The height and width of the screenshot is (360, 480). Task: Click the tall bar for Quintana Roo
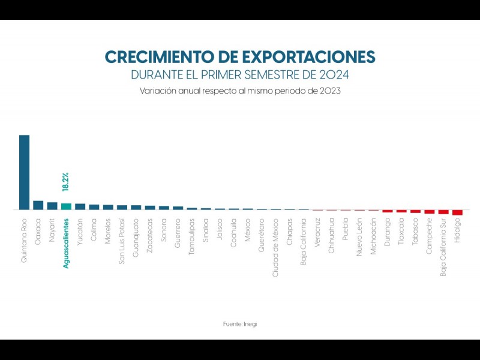click(x=24, y=172)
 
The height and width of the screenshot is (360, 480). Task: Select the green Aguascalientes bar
click(x=66, y=206)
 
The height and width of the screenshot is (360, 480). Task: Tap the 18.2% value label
click(x=66, y=182)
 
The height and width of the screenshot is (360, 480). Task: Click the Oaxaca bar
click(x=38, y=205)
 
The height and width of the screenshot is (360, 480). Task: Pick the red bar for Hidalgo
click(x=457, y=212)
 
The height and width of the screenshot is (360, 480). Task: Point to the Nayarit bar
click(x=52, y=206)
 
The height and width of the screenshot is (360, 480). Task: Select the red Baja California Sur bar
click(x=443, y=212)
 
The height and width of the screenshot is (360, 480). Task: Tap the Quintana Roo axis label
click(x=25, y=238)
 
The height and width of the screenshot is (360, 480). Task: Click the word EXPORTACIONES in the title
click(x=308, y=58)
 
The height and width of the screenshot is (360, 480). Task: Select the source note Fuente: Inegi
click(x=240, y=324)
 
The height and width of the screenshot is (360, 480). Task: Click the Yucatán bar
click(x=80, y=206)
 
